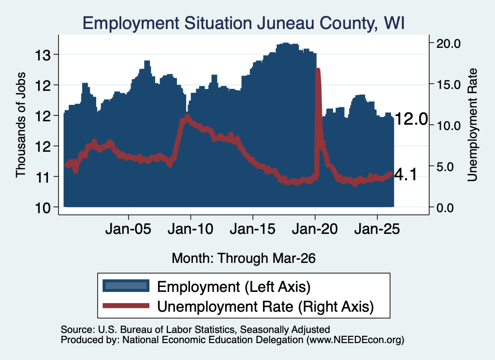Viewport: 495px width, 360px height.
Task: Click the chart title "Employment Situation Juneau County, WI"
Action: click(244, 23)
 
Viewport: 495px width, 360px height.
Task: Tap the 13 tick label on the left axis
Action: click(43, 56)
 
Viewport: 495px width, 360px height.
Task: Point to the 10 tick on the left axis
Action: click(43, 208)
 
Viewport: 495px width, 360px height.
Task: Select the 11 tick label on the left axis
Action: click(43, 178)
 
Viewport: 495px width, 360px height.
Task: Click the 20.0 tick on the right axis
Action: click(448, 43)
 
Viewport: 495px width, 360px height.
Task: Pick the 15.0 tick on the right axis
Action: click(448, 85)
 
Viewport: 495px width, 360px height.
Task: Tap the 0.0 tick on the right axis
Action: click(445, 208)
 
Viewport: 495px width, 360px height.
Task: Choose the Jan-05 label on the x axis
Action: click(128, 229)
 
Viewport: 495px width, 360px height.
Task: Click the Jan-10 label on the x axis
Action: click(190, 229)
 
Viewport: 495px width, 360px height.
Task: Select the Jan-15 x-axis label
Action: click(252, 229)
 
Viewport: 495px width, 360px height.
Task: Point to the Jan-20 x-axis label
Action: click(315, 229)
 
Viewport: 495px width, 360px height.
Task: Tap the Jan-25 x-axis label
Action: click(377, 229)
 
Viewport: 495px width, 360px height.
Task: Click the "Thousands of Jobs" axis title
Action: click(20, 125)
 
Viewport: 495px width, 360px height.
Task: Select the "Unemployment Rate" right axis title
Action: click(472, 125)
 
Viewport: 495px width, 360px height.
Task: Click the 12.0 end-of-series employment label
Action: click(411, 119)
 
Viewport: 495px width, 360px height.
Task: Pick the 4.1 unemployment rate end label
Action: click(406, 175)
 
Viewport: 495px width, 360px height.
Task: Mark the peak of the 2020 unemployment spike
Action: click(318, 70)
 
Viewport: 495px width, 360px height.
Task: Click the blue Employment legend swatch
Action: click(126, 286)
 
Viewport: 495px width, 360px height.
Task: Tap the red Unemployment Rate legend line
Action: click(126, 305)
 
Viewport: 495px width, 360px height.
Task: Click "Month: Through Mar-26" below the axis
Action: click(244, 258)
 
